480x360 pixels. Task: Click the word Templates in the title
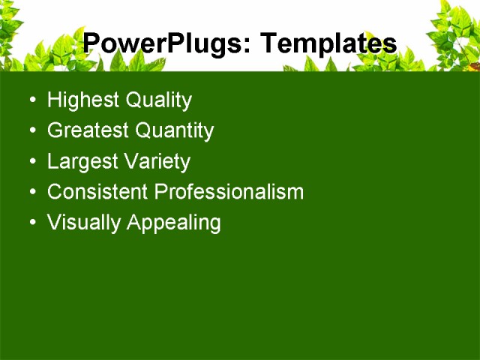(x=327, y=43)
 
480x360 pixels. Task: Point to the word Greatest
(x=88, y=131)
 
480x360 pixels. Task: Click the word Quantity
(x=174, y=131)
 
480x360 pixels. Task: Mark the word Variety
(x=158, y=162)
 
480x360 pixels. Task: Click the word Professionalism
(x=229, y=192)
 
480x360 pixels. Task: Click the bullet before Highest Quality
(x=30, y=101)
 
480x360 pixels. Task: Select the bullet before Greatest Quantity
(x=30, y=132)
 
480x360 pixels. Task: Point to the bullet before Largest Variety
(x=30, y=163)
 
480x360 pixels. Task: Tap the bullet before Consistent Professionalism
(x=30, y=193)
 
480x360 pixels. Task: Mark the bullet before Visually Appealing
(x=30, y=223)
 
